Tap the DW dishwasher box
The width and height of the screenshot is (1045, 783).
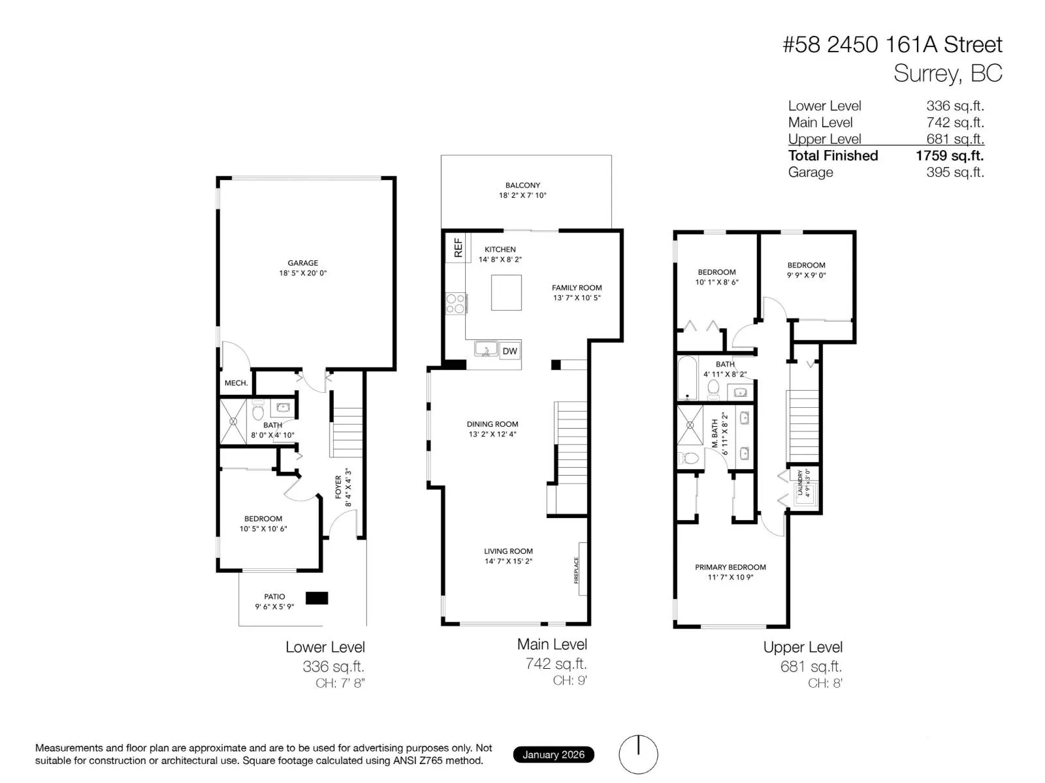click(509, 351)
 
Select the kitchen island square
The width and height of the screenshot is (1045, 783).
click(506, 292)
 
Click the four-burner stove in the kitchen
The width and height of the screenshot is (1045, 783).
click(455, 303)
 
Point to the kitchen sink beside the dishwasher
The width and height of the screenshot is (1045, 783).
click(486, 349)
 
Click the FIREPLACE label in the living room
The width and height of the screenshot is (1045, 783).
click(576, 570)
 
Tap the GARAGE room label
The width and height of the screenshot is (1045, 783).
click(303, 263)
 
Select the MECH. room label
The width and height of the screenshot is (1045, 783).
click(236, 383)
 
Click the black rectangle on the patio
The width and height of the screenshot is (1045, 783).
click(317, 598)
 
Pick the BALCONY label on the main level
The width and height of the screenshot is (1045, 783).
click(522, 185)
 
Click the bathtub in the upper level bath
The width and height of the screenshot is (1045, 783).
click(687, 378)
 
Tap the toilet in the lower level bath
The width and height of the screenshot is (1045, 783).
click(257, 410)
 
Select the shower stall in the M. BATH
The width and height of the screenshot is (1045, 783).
click(690, 425)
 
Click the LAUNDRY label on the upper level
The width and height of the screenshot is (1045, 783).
click(800, 482)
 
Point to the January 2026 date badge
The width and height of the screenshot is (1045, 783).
click(553, 754)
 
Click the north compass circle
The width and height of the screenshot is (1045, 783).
click(638, 754)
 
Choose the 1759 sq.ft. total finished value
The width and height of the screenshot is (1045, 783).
click(949, 156)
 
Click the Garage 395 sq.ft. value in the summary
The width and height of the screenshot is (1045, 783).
click(955, 172)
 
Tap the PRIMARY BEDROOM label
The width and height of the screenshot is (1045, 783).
click(730, 567)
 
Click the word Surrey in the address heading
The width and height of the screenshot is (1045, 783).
click(926, 74)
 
